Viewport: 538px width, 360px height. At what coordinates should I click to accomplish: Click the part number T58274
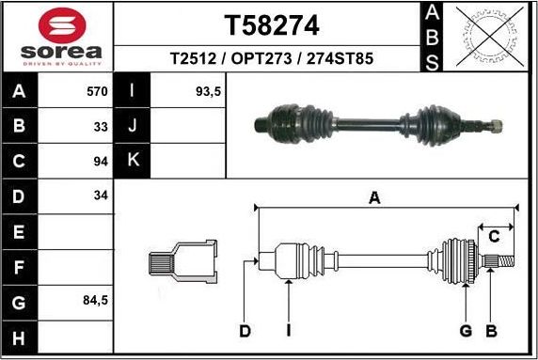click(270, 23)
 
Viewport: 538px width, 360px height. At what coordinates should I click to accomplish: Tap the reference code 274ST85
click(342, 58)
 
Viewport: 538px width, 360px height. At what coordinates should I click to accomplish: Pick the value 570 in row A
click(97, 92)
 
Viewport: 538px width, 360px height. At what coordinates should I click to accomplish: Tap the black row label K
click(133, 160)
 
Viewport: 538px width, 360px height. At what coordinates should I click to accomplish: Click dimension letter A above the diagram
click(374, 197)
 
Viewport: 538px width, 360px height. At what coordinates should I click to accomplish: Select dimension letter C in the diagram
click(493, 237)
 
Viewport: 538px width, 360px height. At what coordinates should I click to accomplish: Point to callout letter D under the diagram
click(245, 331)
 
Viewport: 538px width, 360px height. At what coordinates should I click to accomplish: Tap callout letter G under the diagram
click(465, 331)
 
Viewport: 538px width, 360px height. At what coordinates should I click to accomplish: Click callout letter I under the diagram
click(289, 331)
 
